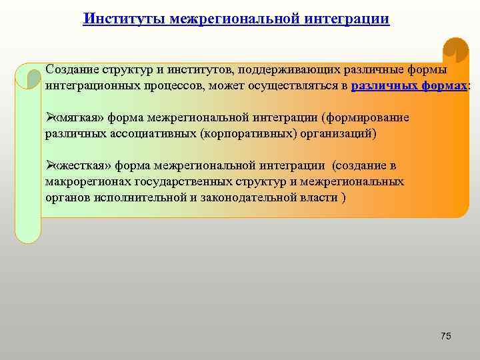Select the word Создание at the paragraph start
point(71,70)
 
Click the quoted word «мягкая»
point(78,117)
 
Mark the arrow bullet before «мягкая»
point(49,117)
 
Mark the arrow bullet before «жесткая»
point(49,165)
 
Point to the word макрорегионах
point(87,181)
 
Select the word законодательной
point(249,198)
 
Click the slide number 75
point(446,336)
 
